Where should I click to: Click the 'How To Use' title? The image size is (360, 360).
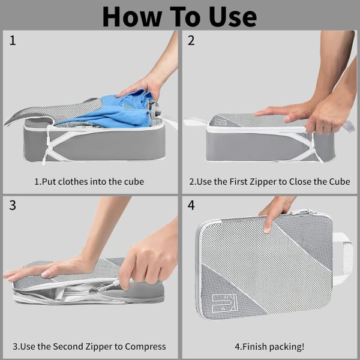point(179,17)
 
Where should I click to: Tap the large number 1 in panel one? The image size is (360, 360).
point(13,40)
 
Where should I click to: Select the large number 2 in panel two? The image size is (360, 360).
point(191,40)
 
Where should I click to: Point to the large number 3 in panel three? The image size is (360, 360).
point(13,205)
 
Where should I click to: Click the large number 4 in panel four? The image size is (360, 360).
point(191,205)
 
